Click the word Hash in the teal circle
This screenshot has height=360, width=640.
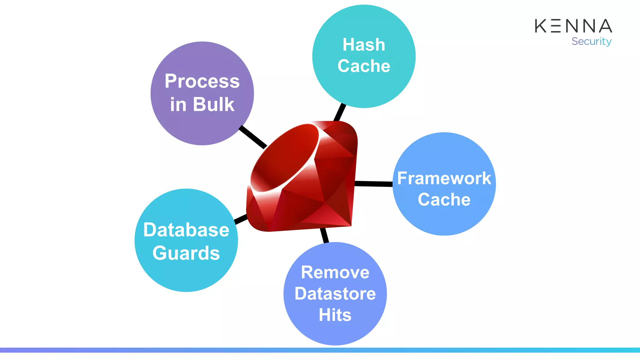click(x=364, y=45)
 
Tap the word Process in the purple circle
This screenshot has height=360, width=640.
click(x=202, y=81)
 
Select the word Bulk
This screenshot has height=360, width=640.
click(x=213, y=104)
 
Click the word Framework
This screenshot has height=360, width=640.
click(x=444, y=178)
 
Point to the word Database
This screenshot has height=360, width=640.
click(x=186, y=230)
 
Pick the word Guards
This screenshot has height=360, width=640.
click(x=186, y=253)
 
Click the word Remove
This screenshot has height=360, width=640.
click(x=335, y=272)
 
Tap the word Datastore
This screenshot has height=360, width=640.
click(x=335, y=294)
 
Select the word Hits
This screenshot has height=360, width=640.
click(x=335, y=315)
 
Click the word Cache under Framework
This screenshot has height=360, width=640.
click(x=444, y=200)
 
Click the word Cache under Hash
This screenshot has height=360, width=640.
click(x=364, y=66)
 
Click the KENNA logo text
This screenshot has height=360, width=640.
click(x=573, y=26)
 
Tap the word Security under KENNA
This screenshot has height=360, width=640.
click(x=591, y=41)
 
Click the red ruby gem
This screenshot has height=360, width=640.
click(x=303, y=178)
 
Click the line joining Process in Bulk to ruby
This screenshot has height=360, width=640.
click(x=252, y=137)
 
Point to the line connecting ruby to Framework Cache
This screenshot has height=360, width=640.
click(x=373, y=184)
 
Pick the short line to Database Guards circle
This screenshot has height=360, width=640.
click(x=241, y=219)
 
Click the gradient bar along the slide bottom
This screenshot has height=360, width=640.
click(x=320, y=350)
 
